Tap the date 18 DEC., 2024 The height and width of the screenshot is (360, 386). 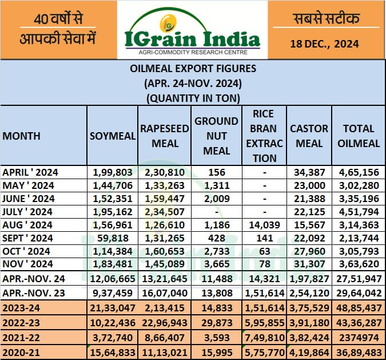click(x=324, y=43)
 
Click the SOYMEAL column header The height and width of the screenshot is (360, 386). click(x=112, y=136)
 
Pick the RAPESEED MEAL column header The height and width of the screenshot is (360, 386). click(x=165, y=136)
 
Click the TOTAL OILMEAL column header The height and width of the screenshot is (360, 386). click(x=359, y=136)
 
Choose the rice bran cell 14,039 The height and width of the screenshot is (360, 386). click(x=264, y=225)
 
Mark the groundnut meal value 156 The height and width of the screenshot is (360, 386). click(x=217, y=172)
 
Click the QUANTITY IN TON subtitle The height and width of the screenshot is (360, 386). click(x=193, y=97)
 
